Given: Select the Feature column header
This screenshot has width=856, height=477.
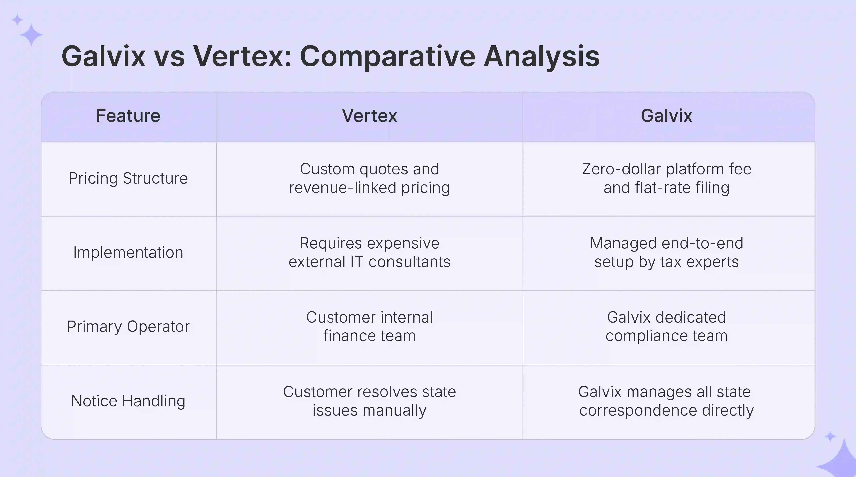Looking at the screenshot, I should [x=128, y=116].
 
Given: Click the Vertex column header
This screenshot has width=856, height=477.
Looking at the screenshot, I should [x=369, y=116].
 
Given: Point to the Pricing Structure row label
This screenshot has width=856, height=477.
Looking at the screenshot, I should [x=128, y=178].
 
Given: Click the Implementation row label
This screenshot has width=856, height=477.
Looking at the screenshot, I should [x=128, y=252].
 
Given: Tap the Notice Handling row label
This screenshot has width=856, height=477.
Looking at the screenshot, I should [x=128, y=401].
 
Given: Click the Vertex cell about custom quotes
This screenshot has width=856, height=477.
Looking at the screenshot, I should [x=369, y=178].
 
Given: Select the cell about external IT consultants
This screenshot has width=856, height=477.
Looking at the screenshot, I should [x=369, y=252].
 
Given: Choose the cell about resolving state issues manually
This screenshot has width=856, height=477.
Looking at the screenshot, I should [x=369, y=401].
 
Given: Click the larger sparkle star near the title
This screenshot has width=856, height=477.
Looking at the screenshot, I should [x=31, y=34].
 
